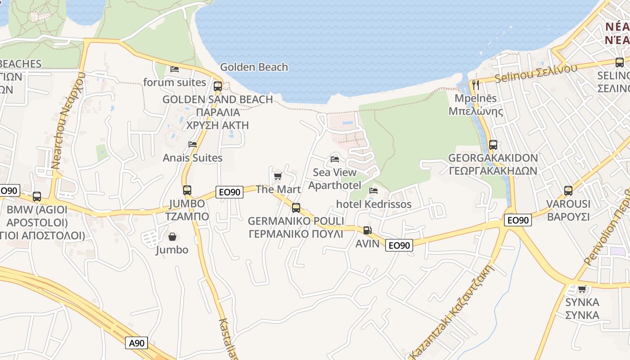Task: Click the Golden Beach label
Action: tap(254, 67)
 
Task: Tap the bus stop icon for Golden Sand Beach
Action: tap(218, 86)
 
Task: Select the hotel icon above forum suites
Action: tap(175, 69)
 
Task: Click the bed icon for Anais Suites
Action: tap(193, 144)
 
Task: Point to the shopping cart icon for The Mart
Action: tap(278, 176)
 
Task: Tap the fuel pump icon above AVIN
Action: tap(367, 230)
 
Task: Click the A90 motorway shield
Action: tap(136, 343)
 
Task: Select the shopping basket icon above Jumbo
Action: tap(172, 237)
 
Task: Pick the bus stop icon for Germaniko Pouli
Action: tap(296, 207)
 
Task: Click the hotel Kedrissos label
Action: tap(373, 204)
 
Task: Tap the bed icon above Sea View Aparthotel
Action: tap(334, 159)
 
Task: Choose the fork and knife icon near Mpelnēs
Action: tap(476, 85)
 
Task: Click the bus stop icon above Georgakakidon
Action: tap(493, 145)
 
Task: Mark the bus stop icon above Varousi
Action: tap(568, 190)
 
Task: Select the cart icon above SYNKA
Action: tap(582, 289)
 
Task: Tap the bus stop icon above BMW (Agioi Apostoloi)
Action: tap(37, 197)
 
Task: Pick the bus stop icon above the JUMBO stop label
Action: tap(187, 190)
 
